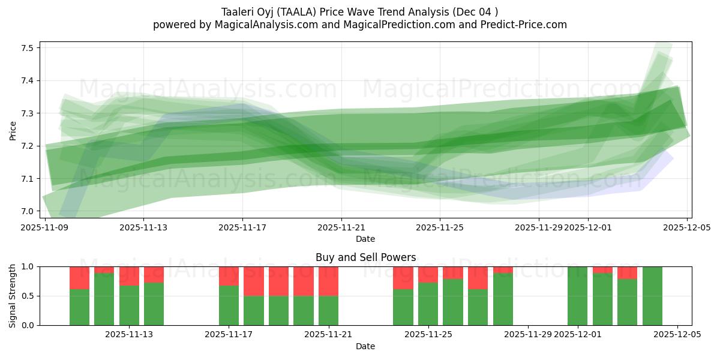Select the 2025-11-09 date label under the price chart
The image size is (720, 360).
46,227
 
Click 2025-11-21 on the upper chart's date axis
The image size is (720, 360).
341,227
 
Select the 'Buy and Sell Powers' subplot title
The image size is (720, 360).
365,257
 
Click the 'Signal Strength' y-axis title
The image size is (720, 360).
13,296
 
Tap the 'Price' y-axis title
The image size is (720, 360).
13,130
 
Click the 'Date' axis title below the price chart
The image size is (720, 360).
365,239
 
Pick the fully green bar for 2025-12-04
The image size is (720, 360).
652,296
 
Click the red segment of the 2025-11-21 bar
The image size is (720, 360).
328,281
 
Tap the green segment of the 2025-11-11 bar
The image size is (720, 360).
104,299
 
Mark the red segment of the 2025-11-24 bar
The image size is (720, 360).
403,277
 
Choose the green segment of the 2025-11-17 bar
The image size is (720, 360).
229,305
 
